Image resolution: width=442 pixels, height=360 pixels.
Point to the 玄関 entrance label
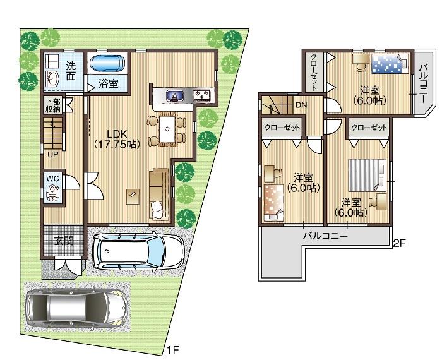pyautogui.click(x=63, y=241)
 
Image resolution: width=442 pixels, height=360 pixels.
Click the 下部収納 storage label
pyautogui.click(x=52, y=105)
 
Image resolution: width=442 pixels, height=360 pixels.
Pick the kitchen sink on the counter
pyautogui.click(x=175, y=97)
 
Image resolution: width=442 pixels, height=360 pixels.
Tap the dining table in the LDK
pyautogui.click(x=167, y=128)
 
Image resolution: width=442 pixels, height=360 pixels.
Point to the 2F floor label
pyautogui.click(x=399, y=243)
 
